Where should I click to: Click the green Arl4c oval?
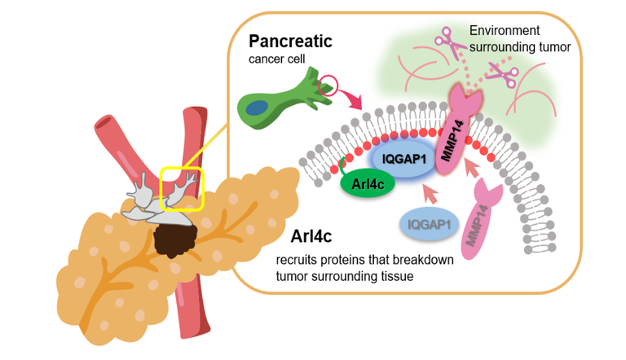(x=366, y=184)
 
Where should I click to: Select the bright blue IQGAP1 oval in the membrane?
(x=400, y=152)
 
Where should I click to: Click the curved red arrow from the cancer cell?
(x=355, y=103)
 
